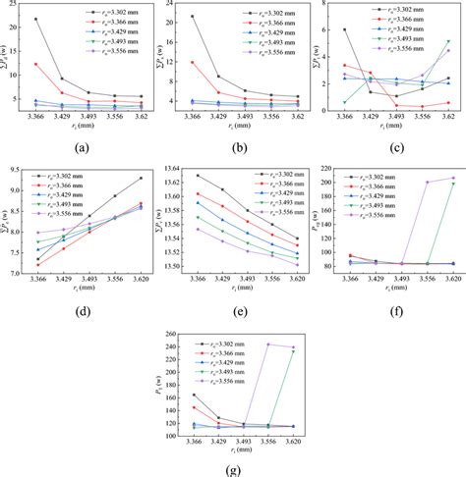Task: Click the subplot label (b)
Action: pyautogui.click(x=242, y=148)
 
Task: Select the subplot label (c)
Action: pyautogui.click(x=396, y=148)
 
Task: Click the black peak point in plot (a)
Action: pyautogui.click(x=36, y=19)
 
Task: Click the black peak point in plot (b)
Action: pyautogui.click(x=192, y=17)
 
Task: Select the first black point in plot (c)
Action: pyautogui.click(x=344, y=30)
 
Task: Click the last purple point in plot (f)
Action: pyautogui.click(x=452, y=178)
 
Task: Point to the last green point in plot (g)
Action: pyautogui.click(x=292, y=351)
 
